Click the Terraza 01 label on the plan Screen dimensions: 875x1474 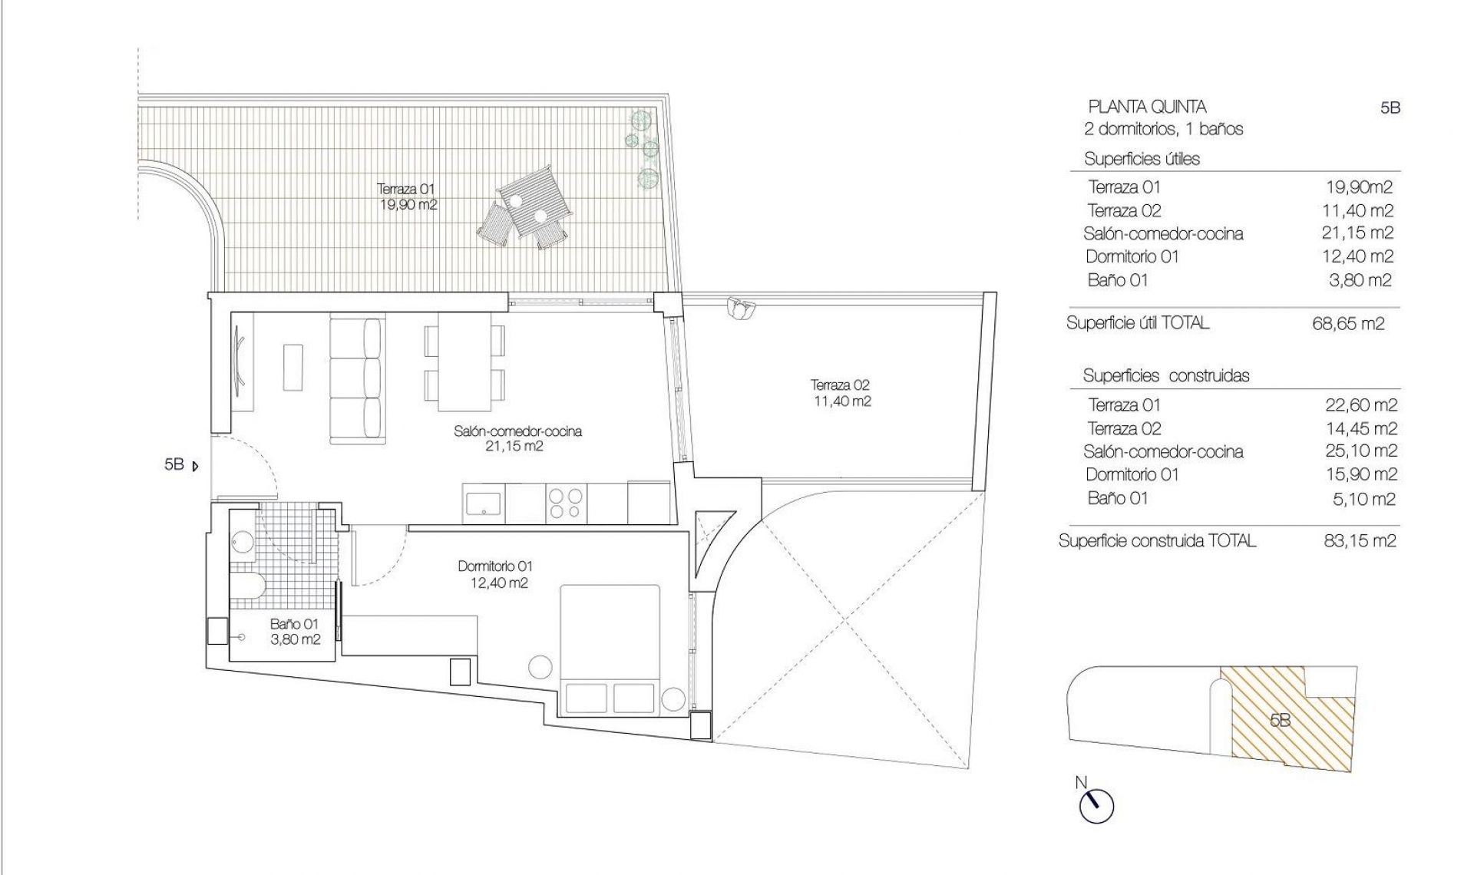coord(408,196)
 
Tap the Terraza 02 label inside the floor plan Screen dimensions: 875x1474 coord(841,393)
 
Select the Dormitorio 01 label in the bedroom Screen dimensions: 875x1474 coord(495,574)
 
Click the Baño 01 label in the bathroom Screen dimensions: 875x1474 coord(295,632)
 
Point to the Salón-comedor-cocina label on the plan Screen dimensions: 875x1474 coord(517,438)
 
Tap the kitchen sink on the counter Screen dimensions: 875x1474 coord(484,504)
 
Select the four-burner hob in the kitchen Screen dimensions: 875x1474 coord(566,504)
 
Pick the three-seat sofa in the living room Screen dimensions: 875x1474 coord(356,381)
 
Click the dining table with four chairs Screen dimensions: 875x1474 coord(464,362)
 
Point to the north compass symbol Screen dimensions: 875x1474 coord(1096,805)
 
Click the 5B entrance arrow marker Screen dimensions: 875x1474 coord(196,465)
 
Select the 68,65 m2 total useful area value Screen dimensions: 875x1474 coord(1348,324)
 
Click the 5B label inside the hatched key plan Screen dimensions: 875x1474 coord(1280,720)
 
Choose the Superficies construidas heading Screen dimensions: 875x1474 coord(1165,376)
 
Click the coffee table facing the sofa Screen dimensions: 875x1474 coord(293,367)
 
